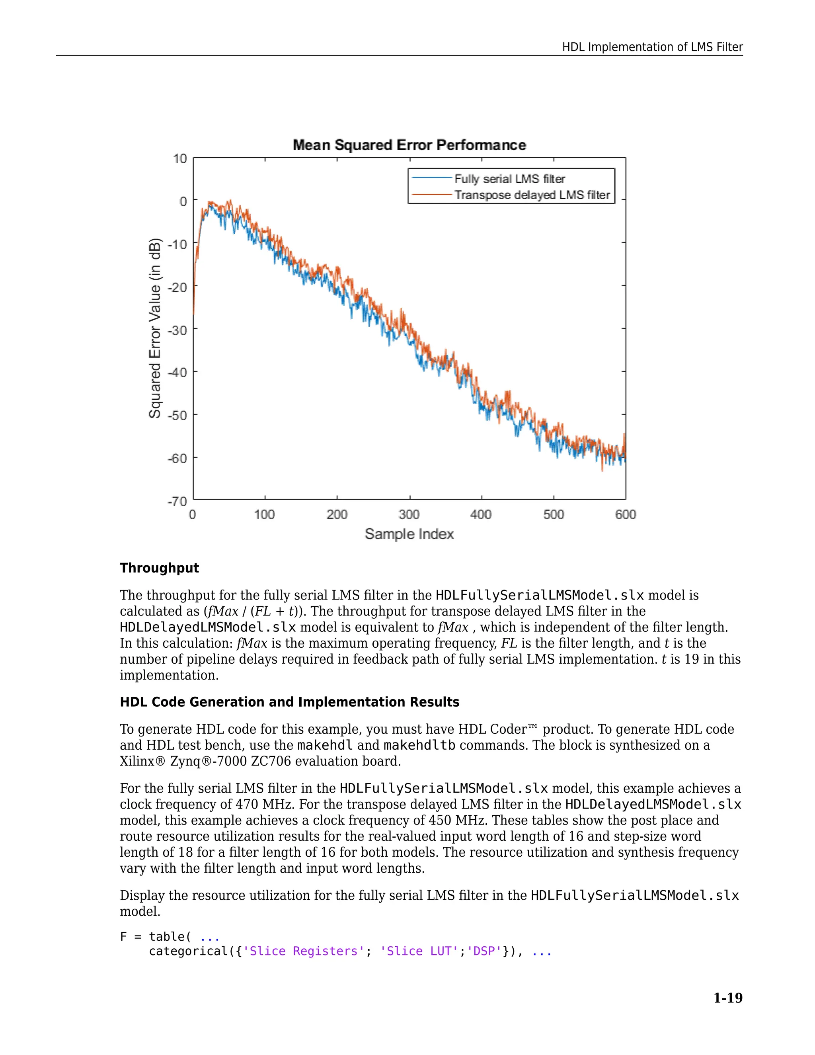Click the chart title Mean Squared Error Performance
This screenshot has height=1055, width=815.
[x=409, y=145]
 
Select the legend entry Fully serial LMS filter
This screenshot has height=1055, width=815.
[x=509, y=179]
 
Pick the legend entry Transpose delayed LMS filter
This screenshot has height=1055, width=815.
[x=532, y=195]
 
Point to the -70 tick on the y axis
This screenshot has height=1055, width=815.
[x=177, y=501]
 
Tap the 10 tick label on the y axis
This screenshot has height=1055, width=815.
[x=179, y=158]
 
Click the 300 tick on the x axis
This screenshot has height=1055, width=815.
[x=409, y=514]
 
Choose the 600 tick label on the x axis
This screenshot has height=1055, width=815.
[x=625, y=514]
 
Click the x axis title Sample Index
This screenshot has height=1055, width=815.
[x=409, y=534]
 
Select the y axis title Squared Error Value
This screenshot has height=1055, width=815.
[x=154, y=328]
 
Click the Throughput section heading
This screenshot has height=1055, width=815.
[x=159, y=568]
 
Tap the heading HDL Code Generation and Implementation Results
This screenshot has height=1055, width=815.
[x=289, y=702]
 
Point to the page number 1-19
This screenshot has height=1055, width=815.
[x=727, y=998]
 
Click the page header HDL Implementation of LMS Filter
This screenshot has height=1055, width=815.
[x=652, y=47]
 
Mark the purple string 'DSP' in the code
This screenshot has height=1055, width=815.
[x=484, y=951]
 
